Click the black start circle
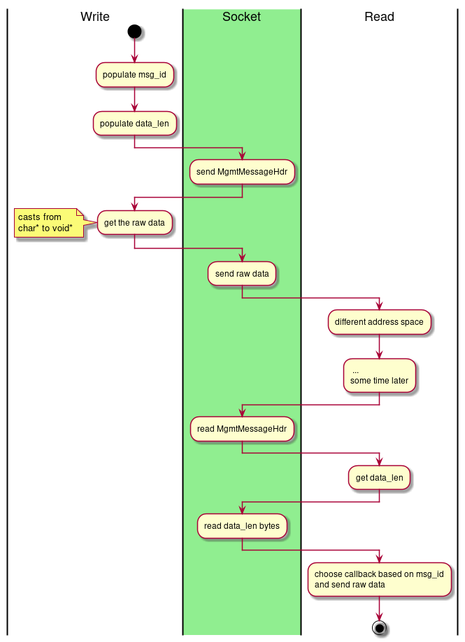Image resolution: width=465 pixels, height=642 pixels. [x=134, y=31]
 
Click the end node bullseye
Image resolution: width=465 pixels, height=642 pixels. [x=380, y=627]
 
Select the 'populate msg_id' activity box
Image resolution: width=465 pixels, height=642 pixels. [x=134, y=75]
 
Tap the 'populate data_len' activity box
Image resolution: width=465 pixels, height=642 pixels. [x=134, y=124]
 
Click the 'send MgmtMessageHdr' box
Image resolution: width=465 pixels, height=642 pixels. [x=242, y=172]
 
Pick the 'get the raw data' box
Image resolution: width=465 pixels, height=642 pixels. [x=134, y=224]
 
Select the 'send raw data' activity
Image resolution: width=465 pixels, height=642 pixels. [x=242, y=274]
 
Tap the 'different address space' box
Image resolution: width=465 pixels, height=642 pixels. [x=379, y=322]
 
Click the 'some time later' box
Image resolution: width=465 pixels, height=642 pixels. [x=379, y=375]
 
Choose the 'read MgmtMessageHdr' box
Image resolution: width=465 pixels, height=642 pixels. [x=242, y=428]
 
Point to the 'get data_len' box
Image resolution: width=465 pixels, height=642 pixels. [x=379, y=478]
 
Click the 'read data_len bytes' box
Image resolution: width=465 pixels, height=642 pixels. [x=242, y=526]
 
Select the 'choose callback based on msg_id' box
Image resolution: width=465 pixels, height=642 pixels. [x=379, y=579]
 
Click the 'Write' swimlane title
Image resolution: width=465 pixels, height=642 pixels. [x=95, y=17]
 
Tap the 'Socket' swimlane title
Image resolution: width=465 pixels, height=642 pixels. [x=241, y=17]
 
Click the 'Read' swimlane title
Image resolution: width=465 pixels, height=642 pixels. [x=379, y=17]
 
